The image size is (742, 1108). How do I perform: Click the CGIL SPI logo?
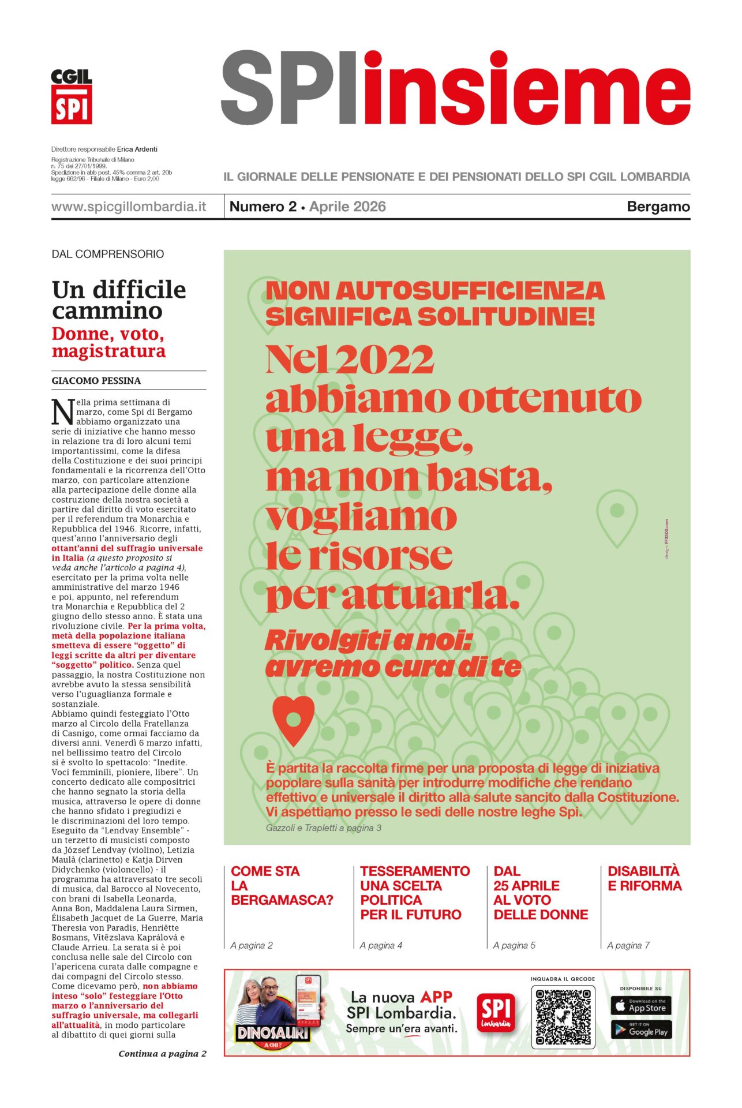click(72, 96)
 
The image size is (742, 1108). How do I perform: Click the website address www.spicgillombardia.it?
click(129, 207)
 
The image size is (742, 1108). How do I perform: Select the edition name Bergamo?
click(658, 207)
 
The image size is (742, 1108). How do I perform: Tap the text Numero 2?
click(263, 207)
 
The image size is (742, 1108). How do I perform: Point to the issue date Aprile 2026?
click(347, 207)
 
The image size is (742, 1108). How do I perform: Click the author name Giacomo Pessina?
click(96, 381)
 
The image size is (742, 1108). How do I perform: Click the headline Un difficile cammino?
click(119, 300)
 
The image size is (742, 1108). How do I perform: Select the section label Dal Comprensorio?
click(108, 254)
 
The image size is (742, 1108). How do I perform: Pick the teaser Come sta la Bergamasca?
click(282, 885)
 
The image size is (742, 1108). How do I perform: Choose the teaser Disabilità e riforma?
click(644, 878)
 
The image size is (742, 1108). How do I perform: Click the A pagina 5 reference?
click(514, 945)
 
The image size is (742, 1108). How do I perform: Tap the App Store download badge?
click(640, 1006)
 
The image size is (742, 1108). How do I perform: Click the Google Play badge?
click(640, 1031)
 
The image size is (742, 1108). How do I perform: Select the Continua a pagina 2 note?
click(162, 1054)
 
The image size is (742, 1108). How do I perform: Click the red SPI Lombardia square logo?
click(496, 1013)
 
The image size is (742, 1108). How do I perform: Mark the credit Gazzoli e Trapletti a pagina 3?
click(324, 828)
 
